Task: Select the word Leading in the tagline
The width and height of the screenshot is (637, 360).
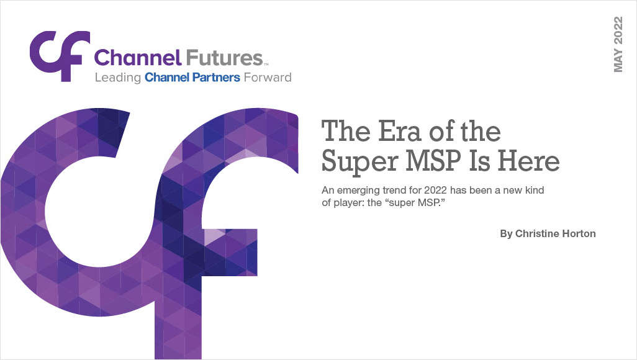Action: pyautogui.click(x=117, y=78)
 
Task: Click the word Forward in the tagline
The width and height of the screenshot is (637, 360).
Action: pyautogui.click(x=271, y=78)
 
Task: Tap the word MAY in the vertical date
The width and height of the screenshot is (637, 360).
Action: pyautogui.click(x=618, y=61)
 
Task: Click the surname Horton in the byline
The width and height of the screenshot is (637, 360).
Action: pyautogui.click(x=579, y=234)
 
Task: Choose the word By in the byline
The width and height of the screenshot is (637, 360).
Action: pyautogui.click(x=506, y=234)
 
